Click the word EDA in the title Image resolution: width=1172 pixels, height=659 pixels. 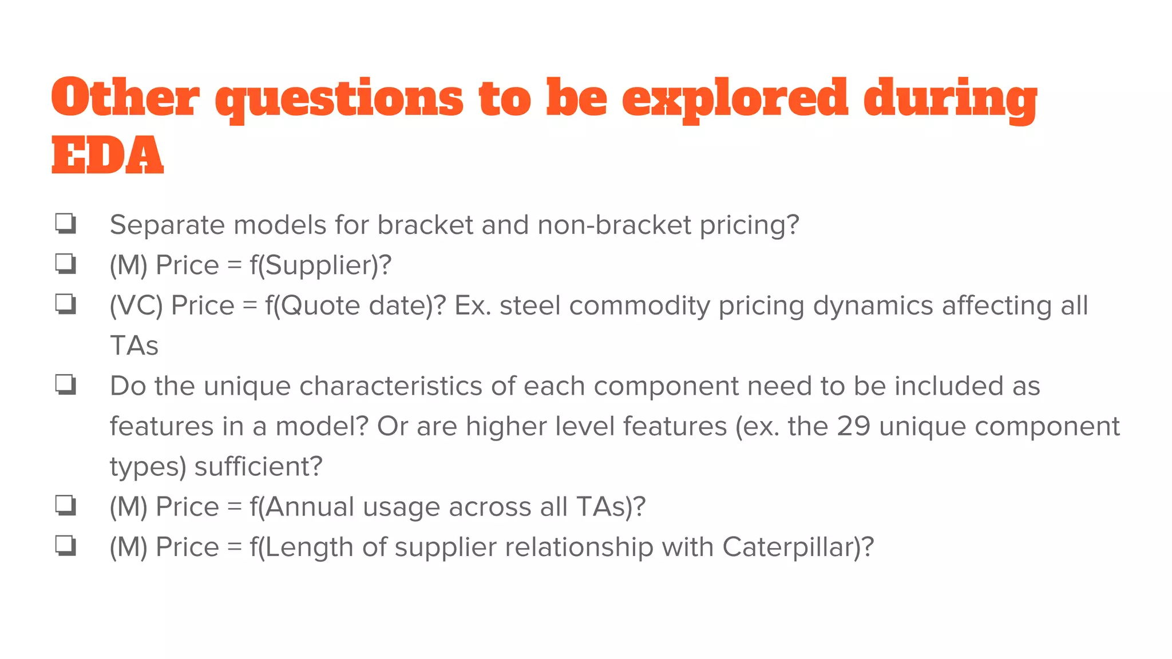pyautogui.click(x=108, y=156)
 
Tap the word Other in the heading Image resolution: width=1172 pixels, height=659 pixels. pyautogui.click(x=125, y=98)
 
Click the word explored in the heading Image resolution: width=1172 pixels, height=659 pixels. pyautogui.click(x=734, y=99)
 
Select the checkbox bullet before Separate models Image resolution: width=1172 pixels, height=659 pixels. pyautogui.click(x=66, y=223)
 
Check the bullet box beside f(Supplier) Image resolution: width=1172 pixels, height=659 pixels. pyautogui.click(x=66, y=264)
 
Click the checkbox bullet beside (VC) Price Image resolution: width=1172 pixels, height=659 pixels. pyautogui.click(x=66, y=304)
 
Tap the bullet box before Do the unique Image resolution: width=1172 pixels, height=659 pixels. pyautogui.click(x=66, y=384)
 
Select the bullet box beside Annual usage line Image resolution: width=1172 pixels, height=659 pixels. pyautogui.click(x=66, y=505)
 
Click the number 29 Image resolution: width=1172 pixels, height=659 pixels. pyautogui.click(x=854, y=426)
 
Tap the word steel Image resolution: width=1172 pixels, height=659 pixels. pyautogui.click(x=530, y=305)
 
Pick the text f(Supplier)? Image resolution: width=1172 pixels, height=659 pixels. pyautogui.click(x=320, y=265)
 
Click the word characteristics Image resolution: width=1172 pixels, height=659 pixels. pyautogui.click(x=391, y=386)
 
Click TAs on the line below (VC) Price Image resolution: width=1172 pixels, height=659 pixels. pyautogui.click(x=134, y=346)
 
